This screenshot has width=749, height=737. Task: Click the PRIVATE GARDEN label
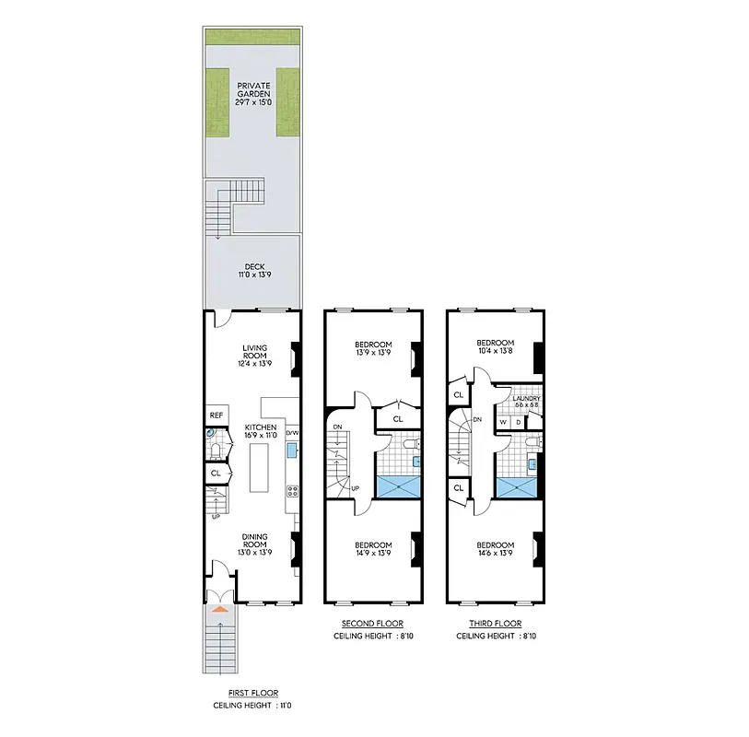[x=252, y=88]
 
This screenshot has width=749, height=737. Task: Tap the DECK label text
[x=253, y=266]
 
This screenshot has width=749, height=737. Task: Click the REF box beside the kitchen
[x=216, y=415]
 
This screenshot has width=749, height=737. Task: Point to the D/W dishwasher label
[x=292, y=432]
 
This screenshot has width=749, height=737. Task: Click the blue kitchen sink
[x=292, y=450]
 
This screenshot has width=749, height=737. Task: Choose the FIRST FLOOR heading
[x=252, y=693]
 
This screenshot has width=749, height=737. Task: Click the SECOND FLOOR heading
[x=373, y=624]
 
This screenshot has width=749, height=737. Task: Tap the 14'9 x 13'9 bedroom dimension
[x=373, y=555]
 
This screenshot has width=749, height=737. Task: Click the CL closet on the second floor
[x=398, y=419]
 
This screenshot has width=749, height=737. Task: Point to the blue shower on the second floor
[x=398, y=488]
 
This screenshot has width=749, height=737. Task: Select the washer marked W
[x=503, y=422]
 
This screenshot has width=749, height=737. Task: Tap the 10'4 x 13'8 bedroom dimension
[x=496, y=350]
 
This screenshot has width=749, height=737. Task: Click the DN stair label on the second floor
[x=337, y=427]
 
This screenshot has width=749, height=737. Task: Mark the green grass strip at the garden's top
[x=252, y=37]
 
